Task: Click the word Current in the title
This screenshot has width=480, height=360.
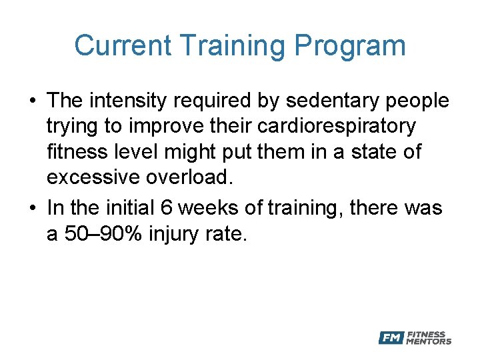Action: tap(123, 46)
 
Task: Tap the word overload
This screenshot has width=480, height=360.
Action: tap(198, 177)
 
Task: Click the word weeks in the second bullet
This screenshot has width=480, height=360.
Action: tap(208, 208)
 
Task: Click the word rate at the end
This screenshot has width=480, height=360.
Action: tap(229, 233)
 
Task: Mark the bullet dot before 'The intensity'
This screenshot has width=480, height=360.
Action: tap(32, 101)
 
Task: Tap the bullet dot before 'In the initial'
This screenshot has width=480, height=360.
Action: tap(32, 209)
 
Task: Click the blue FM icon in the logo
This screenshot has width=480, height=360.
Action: tap(391, 338)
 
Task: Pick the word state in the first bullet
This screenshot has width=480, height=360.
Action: tap(367, 151)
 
